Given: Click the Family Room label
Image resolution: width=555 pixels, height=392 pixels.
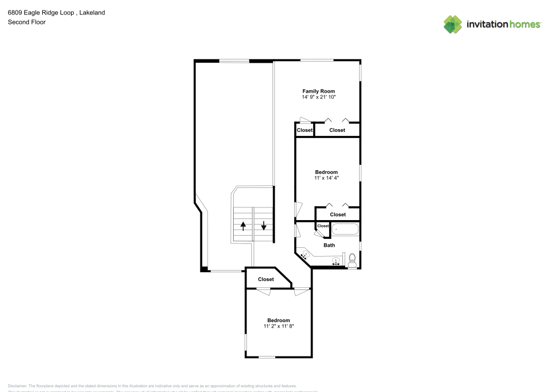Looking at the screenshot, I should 319,91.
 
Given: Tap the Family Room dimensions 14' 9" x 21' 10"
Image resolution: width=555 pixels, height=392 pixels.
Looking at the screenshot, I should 319,97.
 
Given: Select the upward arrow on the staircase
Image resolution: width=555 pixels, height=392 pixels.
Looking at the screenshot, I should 243,225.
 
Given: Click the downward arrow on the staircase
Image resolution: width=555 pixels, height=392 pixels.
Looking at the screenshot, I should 264,225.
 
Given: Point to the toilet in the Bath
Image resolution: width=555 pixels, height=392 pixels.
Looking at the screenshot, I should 352,259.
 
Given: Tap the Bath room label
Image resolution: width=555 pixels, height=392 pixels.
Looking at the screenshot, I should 329,245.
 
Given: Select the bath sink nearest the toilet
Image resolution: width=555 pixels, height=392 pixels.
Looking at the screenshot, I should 336,261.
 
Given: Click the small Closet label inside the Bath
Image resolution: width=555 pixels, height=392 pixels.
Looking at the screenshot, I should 323,226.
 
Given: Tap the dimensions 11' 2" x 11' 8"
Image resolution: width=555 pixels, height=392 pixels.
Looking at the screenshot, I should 279,326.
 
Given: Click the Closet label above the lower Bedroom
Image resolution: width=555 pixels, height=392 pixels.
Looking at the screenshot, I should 266,279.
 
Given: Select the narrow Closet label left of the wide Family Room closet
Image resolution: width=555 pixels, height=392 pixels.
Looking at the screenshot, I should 305,130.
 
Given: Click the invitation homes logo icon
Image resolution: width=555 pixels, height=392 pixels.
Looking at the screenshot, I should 453,24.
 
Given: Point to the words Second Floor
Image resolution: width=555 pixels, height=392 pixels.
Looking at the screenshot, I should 27,22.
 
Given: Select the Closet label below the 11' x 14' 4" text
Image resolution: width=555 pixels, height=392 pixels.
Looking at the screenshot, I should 337,215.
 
